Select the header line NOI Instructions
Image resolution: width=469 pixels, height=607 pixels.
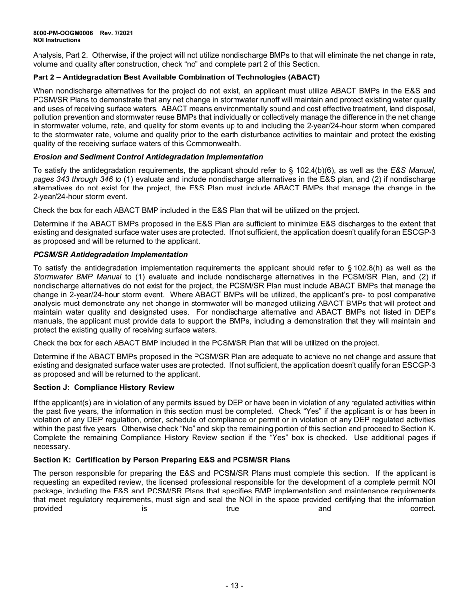click(x=57, y=40)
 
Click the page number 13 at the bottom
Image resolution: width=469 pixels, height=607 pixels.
click(x=234, y=586)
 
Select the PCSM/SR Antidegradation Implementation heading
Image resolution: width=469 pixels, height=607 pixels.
click(x=110, y=255)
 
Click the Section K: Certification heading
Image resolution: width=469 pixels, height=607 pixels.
click(x=161, y=460)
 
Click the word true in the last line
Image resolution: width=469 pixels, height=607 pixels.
click(x=233, y=508)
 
